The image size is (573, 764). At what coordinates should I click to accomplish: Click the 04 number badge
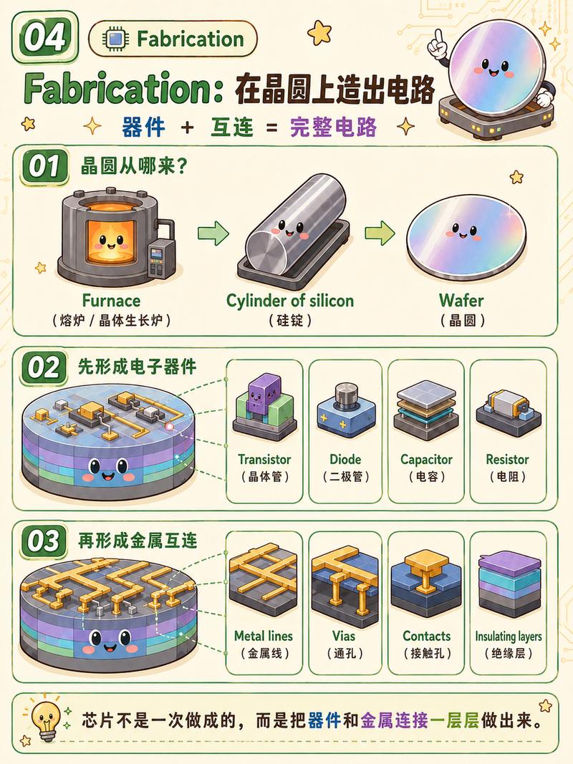pyautogui.click(x=45, y=37)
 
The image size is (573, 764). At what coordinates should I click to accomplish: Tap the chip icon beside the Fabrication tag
pyautogui.click(x=115, y=39)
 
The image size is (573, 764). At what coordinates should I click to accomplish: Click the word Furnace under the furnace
pyautogui.click(x=111, y=300)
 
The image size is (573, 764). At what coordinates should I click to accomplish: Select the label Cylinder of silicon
pyautogui.click(x=290, y=301)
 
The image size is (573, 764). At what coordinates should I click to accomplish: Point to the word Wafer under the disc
pyautogui.click(x=461, y=300)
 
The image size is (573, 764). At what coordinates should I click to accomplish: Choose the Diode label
pyautogui.click(x=345, y=460)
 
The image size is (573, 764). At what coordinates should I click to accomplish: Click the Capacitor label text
pyautogui.click(x=426, y=460)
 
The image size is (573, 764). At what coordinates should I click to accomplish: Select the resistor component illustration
pyautogui.click(x=508, y=411)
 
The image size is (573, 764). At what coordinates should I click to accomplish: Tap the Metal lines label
pyautogui.click(x=264, y=636)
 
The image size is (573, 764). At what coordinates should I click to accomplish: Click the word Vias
pyautogui.click(x=344, y=636)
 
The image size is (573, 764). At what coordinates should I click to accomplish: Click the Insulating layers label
pyautogui.click(x=509, y=636)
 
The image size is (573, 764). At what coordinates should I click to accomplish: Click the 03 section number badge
pyautogui.click(x=44, y=541)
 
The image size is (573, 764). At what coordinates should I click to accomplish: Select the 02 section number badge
pyautogui.click(x=44, y=367)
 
